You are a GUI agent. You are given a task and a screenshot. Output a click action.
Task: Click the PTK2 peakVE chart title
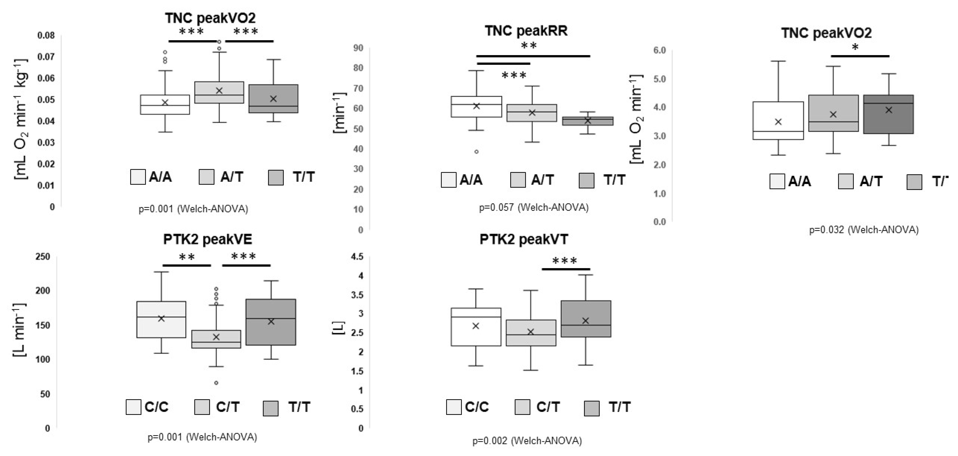pos(208,239)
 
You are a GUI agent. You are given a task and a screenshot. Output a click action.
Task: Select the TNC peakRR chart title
pos(526,31)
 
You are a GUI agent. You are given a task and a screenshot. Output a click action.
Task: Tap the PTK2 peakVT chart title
pos(524,239)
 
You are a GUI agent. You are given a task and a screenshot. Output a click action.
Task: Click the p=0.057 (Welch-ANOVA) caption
pos(533,207)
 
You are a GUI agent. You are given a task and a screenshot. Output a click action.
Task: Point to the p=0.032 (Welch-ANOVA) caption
pos(864,230)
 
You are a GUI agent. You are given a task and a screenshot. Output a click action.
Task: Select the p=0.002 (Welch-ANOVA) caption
pos(527,441)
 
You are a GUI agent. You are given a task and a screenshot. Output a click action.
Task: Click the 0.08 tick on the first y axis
pos(46,36)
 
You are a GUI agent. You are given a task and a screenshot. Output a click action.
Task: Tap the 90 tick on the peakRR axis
pos(358,48)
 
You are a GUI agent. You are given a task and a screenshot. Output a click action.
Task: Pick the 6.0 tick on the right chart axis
pos(659,50)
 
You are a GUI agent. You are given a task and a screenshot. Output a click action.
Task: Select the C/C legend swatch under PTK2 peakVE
pos(133,407)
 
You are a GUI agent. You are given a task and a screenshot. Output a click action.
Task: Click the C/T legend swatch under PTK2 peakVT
pos(522,407)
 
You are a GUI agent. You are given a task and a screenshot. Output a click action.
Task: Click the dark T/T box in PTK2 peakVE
pos(271,322)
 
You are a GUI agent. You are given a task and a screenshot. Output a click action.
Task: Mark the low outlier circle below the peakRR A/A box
pos(476,152)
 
